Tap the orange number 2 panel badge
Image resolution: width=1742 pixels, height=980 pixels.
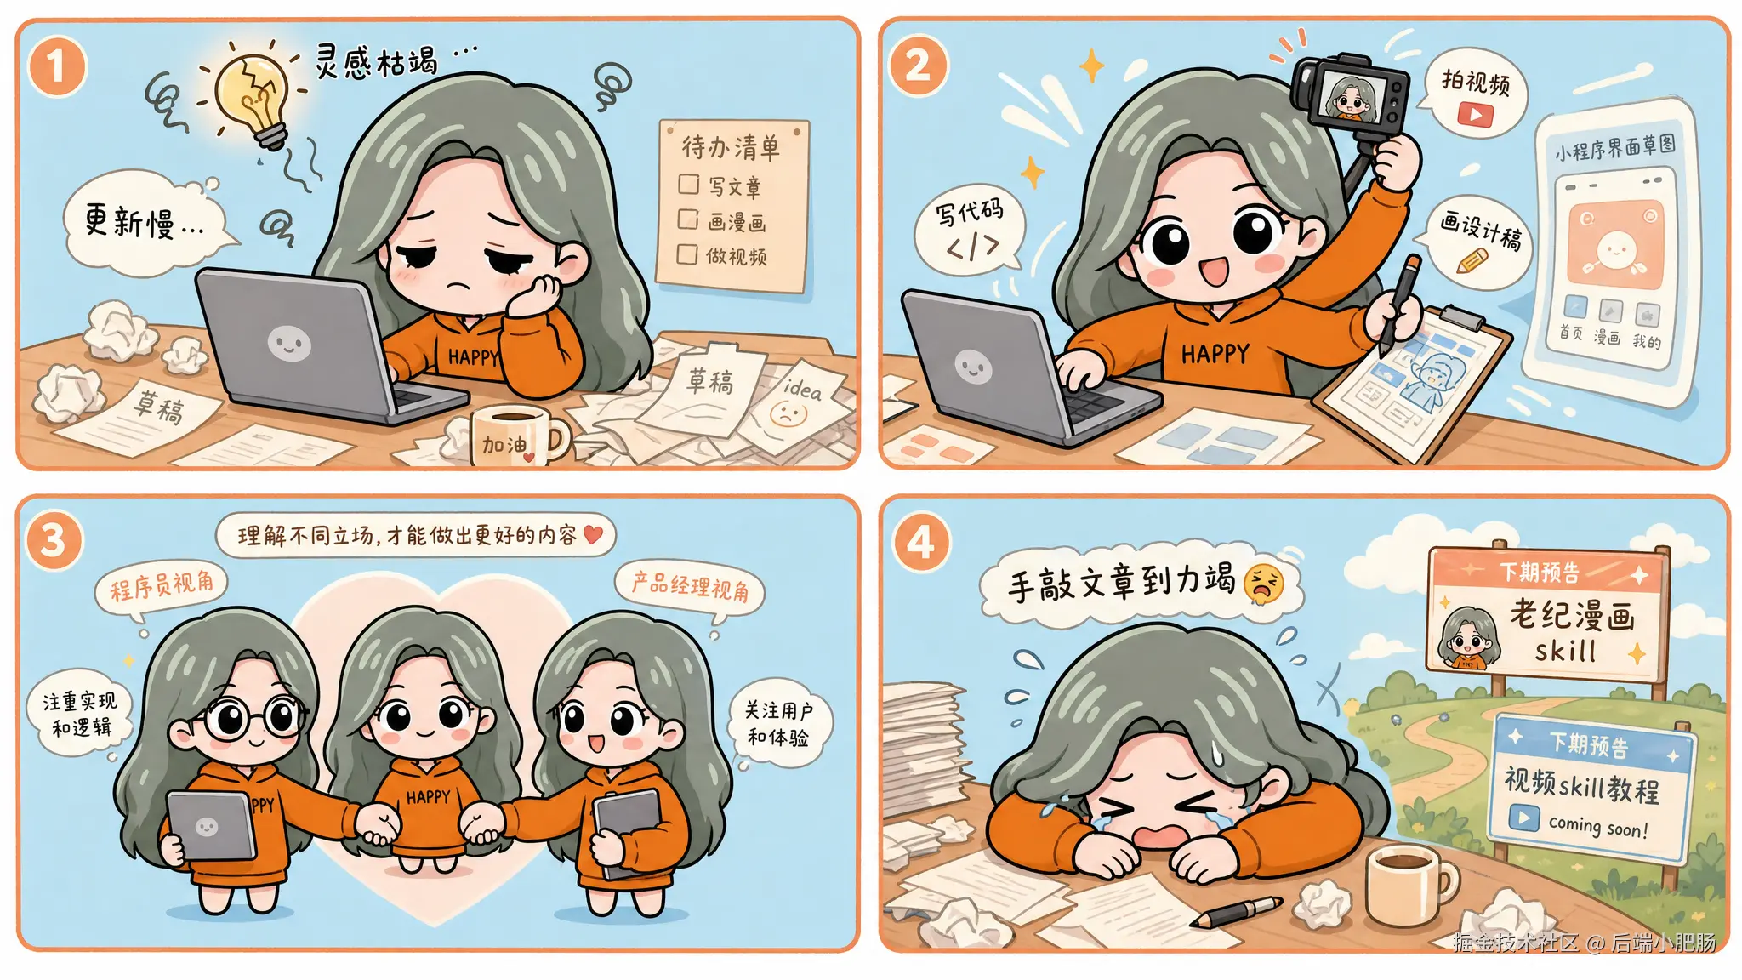point(917,66)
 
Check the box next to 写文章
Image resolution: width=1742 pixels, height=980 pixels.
point(689,185)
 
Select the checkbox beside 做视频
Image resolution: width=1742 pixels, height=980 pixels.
point(686,254)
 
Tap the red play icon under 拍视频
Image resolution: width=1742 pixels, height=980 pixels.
point(1475,114)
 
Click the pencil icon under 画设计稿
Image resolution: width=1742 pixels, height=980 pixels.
point(1472,259)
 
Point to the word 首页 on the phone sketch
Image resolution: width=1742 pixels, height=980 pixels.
point(1571,333)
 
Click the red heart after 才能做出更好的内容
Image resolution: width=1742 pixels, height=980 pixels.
point(593,534)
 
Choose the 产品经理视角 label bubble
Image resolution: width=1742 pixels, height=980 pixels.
point(690,585)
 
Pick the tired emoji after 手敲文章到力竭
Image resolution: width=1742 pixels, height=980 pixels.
point(1263,584)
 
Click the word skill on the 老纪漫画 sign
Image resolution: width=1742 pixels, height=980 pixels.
point(1565,652)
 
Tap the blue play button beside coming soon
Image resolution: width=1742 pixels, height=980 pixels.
point(1523,818)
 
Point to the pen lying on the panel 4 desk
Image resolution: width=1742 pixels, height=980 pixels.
point(1237,912)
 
